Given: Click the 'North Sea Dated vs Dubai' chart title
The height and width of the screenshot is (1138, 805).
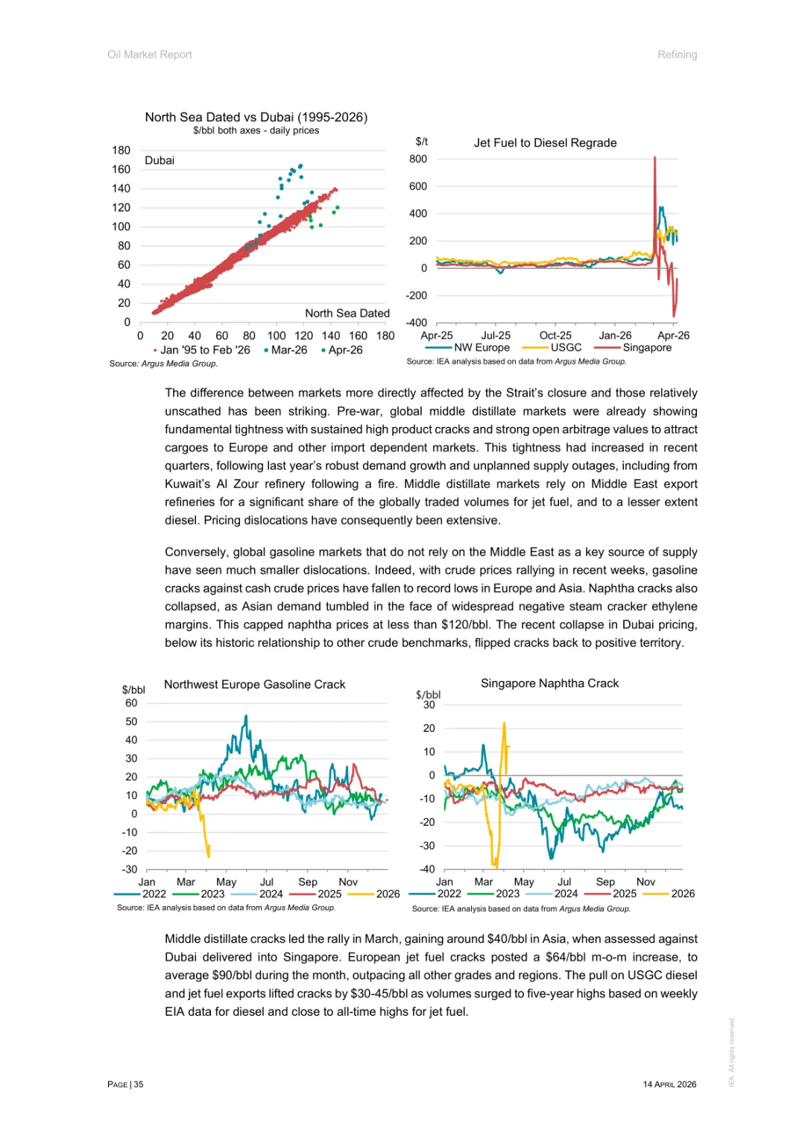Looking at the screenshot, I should pos(256,117).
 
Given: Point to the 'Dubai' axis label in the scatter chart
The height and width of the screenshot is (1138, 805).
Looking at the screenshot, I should pos(160,160).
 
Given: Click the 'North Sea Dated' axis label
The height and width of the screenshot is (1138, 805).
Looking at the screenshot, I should pos(347,314).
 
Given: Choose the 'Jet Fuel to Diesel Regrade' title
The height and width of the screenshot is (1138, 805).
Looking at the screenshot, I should pos(545,143).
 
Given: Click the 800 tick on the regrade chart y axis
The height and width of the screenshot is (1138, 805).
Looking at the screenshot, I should pos(418,159).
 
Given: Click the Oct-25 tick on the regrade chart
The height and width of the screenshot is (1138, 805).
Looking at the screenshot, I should pos(555,336).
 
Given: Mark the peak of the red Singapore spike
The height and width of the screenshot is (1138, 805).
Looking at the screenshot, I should pos(654,157).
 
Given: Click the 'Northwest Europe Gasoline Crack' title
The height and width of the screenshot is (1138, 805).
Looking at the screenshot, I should pos(254,684).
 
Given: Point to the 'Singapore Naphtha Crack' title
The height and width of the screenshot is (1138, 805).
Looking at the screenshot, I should pos(549,683).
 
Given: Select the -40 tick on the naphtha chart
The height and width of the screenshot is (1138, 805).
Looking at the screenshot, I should pos(427,869).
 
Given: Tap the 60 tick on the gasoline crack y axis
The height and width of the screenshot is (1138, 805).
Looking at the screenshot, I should pos(131,703).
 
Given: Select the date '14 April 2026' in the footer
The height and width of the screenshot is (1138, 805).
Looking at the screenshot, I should pos(669,1084).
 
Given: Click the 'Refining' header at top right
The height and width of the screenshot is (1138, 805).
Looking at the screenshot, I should pos(677,54).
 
